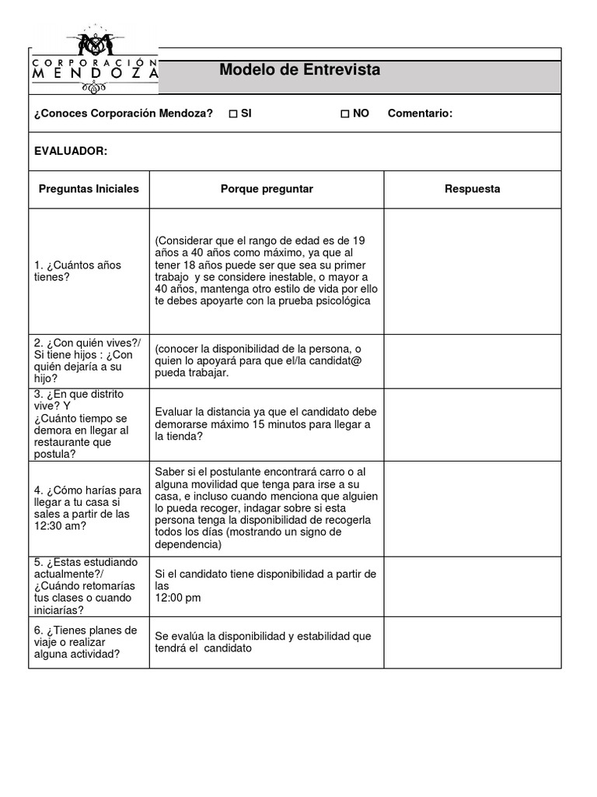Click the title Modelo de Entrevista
299,70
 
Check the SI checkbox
233,114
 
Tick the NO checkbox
345,114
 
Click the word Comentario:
420,114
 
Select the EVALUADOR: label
71,151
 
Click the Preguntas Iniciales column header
89,189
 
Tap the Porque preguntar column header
267,189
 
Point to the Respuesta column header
472,189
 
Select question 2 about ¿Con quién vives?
83,360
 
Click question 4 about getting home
88,508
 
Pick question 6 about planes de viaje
86,642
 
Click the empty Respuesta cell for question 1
472,272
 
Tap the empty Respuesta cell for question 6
472,642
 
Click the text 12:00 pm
178,598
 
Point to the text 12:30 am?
61,526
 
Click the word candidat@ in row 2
334,360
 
